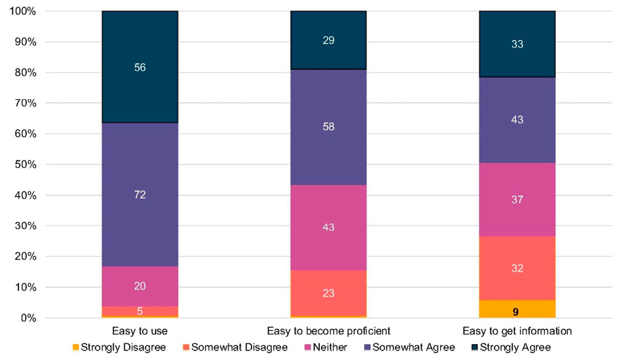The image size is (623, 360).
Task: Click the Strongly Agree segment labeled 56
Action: tap(140, 67)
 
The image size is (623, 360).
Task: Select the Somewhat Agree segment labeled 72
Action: tap(140, 194)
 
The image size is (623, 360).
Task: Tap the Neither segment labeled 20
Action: tap(140, 286)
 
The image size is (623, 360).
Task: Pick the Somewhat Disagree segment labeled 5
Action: tap(140, 311)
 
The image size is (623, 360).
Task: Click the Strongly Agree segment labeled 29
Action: tap(328, 40)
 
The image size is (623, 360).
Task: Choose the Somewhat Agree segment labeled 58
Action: tap(328, 127)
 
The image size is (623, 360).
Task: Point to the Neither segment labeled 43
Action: tap(328, 228)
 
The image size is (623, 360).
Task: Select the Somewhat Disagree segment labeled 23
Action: tap(328, 293)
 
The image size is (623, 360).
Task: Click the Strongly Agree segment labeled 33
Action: tap(517, 44)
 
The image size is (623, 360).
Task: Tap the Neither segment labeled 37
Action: tap(517, 200)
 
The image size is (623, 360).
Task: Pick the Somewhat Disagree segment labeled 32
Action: tap(517, 268)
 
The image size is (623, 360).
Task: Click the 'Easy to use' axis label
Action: tap(140, 331)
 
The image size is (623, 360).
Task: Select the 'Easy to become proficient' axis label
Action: tap(328, 331)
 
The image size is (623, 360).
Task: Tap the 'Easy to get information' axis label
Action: tap(517, 331)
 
